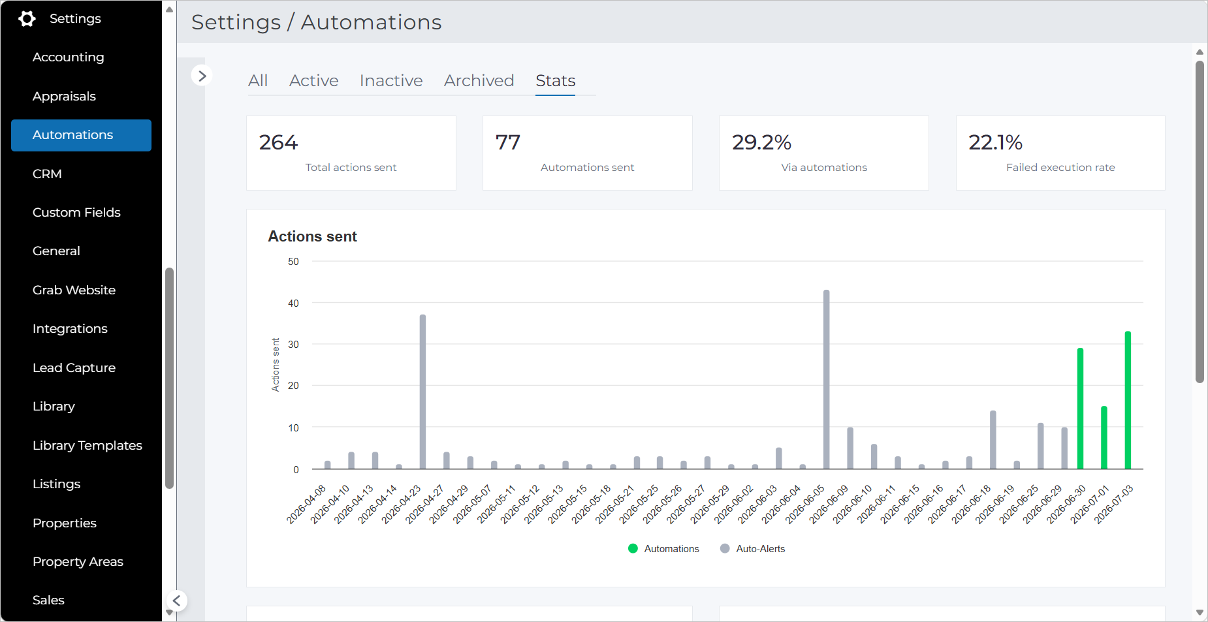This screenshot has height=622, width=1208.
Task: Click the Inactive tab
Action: tap(391, 80)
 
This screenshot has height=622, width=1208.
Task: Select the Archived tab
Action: tap(479, 80)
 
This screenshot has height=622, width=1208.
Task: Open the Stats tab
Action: tap(556, 80)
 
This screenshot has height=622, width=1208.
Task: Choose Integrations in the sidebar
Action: tap(70, 328)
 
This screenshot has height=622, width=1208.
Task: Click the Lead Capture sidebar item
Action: tap(74, 367)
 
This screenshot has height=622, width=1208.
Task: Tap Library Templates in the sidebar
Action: tap(87, 445)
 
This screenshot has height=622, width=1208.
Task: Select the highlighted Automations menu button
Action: tap(81, 135)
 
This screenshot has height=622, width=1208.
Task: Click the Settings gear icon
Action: tap(27, 19)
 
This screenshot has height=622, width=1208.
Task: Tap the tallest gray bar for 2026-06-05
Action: tap(826, 379)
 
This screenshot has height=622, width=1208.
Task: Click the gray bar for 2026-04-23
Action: tap(422, 392)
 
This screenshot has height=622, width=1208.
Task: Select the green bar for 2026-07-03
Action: tap(1128, 400)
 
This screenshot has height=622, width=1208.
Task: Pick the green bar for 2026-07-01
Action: tap(1104, 437)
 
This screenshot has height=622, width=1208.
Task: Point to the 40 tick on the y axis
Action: tap(293, 303)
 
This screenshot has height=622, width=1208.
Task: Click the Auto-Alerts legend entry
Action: tap(753, 549)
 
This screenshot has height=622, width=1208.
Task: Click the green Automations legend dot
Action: tap(633, 548)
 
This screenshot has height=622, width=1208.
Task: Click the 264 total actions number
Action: tap(278, 142)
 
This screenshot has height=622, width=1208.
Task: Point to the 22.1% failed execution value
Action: tap(995, 142)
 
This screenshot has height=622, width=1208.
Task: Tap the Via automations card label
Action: tap(824, 167)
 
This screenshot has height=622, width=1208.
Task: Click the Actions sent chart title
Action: tap(312, 236)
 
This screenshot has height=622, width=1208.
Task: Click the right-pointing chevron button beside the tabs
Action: tap(202, 76)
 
